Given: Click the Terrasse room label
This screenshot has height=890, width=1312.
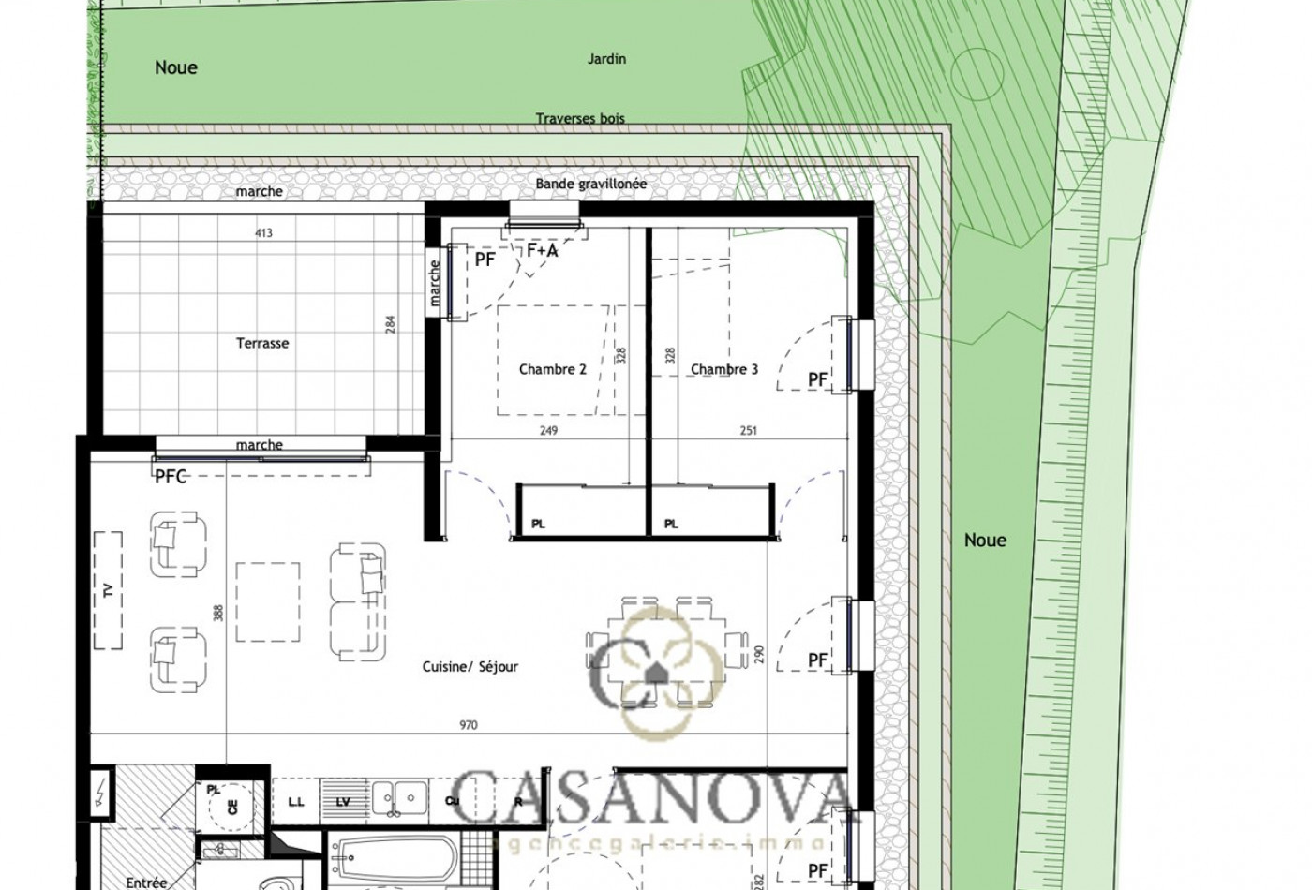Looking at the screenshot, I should (x=262, y=343).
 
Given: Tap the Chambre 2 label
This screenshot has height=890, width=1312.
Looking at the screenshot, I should (x=552, y=369).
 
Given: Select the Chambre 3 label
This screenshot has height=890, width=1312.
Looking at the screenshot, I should (x=724, y=369).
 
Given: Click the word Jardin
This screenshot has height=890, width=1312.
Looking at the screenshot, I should (x=606, y=59).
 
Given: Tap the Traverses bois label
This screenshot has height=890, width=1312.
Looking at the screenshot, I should (x=580, y=119).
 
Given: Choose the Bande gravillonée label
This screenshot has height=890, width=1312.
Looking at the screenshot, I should (x=591, y=185).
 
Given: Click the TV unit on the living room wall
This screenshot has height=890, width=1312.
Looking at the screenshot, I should (x=109, y=590).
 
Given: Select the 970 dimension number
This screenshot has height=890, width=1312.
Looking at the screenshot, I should (x=470, y=725).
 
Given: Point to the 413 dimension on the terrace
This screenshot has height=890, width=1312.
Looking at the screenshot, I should (x=263, y=232).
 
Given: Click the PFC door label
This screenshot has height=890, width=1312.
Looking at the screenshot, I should (x=171, y=477).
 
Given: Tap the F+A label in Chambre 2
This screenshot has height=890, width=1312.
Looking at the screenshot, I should (x=542, y=251).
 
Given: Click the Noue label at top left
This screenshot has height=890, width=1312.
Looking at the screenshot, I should (x=176, y=67).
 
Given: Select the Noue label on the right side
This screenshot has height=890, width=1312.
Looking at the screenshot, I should (x=985, y=541).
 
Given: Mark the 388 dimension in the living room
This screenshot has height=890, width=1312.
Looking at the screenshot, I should (x=218, y=614).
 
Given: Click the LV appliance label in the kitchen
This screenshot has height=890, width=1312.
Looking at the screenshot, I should (x=342, y=803).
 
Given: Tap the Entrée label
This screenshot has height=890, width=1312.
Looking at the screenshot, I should (x=146, y=883).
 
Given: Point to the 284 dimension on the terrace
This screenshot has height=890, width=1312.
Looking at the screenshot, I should (x=391, y=324).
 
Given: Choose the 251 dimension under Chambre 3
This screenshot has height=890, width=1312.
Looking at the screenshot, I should (x=749, y=431).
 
